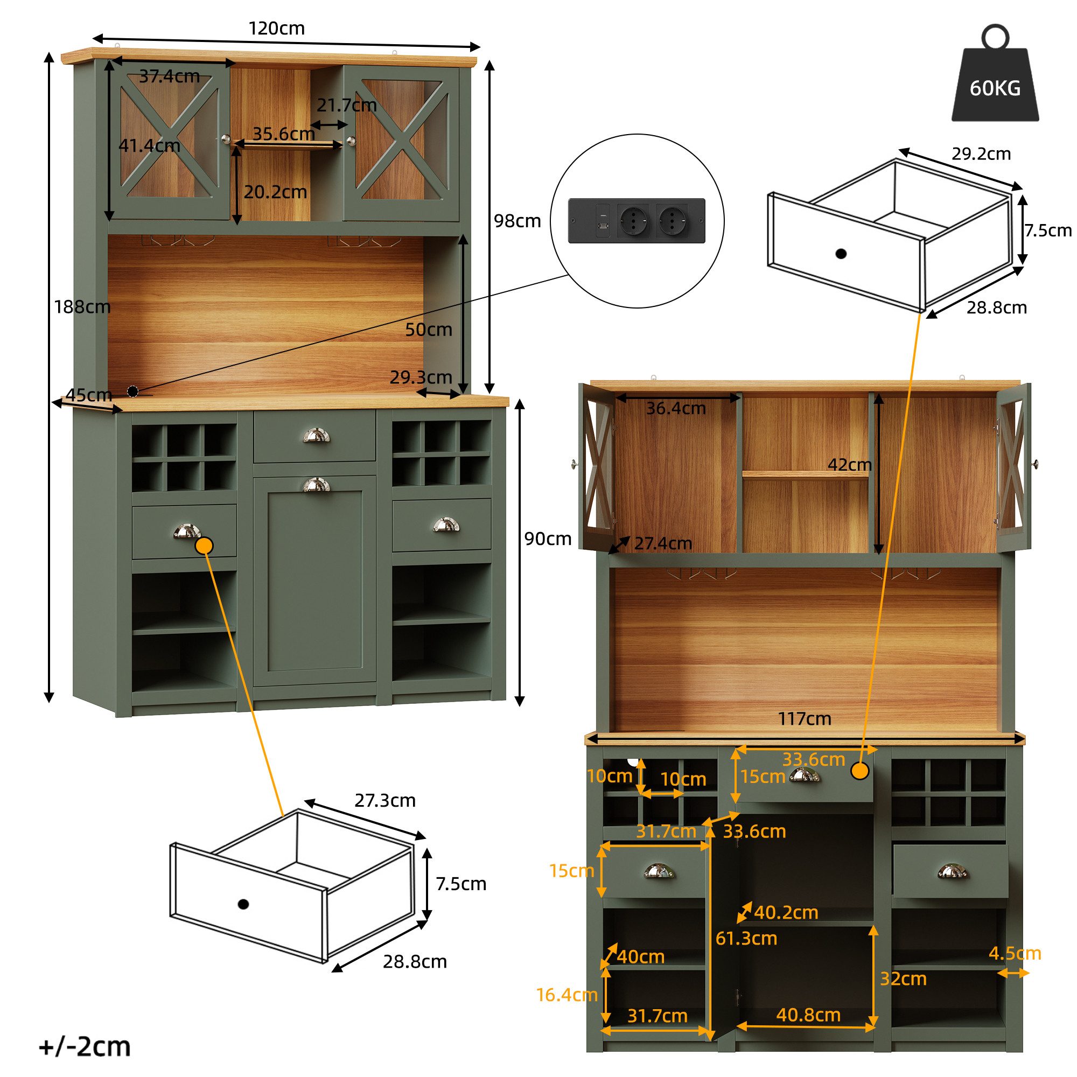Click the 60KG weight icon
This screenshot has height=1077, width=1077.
[x=995, y=83]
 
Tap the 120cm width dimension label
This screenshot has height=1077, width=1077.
[x=276, y=29]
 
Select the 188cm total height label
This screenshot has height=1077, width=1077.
[x=82, y=306]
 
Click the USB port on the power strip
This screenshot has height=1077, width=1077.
[x=603, y=226]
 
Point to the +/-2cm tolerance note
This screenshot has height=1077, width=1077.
[x=85, y=1046]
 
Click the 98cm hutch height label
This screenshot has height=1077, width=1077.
[x=517, y=221]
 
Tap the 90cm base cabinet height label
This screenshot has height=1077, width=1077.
[x=548, y=538]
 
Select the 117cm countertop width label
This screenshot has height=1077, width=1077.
[x=804, y=718]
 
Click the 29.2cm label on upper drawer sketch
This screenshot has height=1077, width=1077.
[x=981, y=154]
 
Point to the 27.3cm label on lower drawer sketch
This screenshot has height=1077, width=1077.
[x=384, y=801]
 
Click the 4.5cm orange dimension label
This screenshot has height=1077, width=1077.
[x=1015, y=953]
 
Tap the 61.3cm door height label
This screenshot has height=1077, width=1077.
[x=746, y=938]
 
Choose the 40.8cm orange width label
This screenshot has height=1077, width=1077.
[x=808, y=1015]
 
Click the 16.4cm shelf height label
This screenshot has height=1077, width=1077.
[x=567, y=995]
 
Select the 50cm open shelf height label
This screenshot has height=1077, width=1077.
[x=428, y=330]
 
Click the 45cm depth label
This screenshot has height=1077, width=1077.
[x=89, y=395]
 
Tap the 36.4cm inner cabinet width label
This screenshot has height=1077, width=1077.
[x=676, y=408]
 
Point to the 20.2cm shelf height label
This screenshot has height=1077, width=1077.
[x=275, y=192]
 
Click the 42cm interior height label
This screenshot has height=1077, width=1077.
[x=849, y=464]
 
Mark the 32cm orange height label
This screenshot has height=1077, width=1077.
[x=903, y=978]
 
